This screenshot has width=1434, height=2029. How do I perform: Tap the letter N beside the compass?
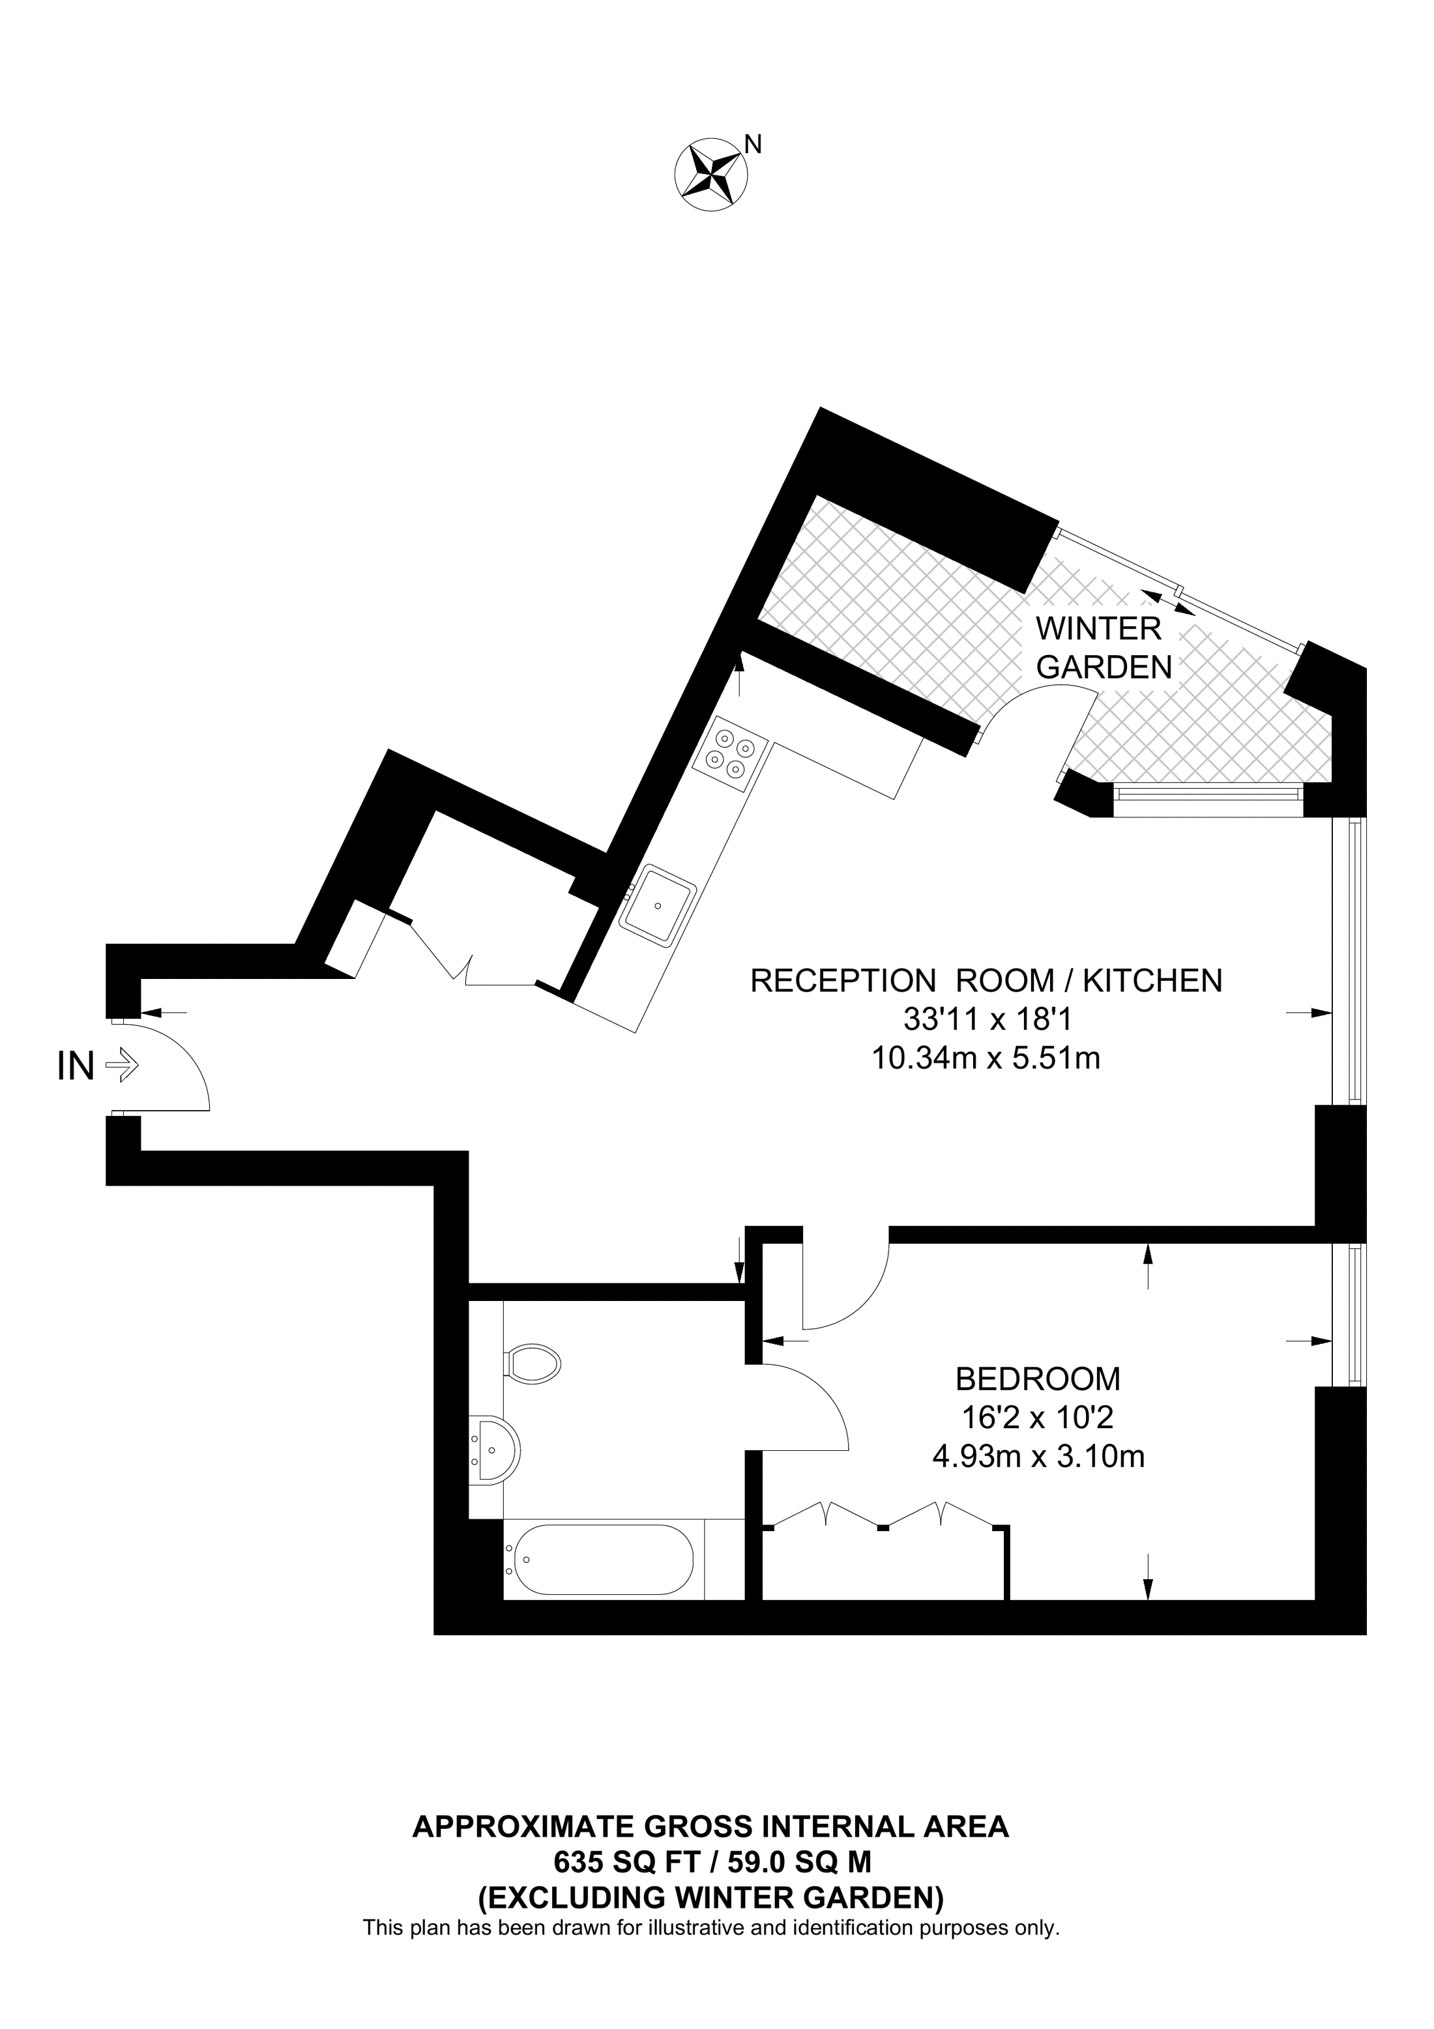click(x=754, y=143)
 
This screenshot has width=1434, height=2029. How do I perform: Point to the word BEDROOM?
click(x=1038, y=1379)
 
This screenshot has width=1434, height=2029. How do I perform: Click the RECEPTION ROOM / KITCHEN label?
click(x=986, y=981)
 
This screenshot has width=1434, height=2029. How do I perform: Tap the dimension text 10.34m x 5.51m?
click(x=986, y=1058)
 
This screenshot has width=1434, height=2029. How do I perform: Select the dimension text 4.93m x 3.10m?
click(x=1038, y=1456)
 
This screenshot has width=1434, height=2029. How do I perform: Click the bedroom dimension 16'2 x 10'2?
click(x=1038, y=1418)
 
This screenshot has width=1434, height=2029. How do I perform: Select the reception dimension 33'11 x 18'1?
click(x=986, y=1020)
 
